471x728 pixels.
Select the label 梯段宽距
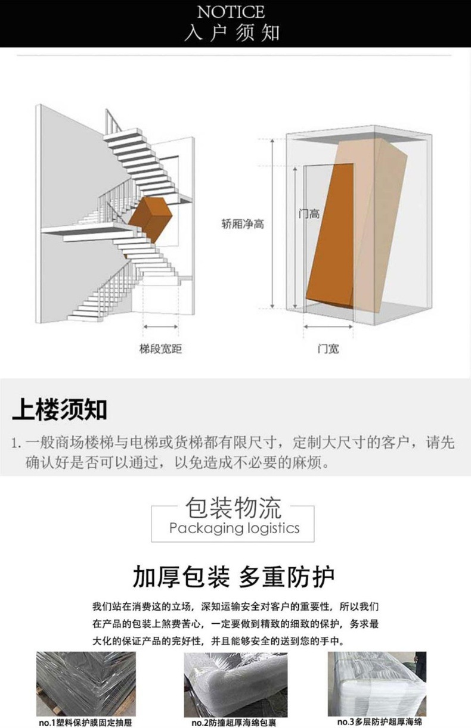tap(160, 349)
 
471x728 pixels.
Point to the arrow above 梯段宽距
tap(160, 326)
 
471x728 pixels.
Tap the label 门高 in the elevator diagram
tap(309, 213)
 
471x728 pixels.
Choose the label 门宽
tap(327, 349)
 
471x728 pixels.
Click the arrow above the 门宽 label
tap(327, 326)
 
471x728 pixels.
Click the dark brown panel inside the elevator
tap(331, 232)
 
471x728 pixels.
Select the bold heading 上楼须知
tap(59, 410)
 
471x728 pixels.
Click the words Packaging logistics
tap(234, 528)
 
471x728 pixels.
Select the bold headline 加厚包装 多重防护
tap(233, 577)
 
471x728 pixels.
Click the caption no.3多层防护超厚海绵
tap(379, 722)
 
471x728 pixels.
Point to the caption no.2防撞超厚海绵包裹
tap(235, 723)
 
